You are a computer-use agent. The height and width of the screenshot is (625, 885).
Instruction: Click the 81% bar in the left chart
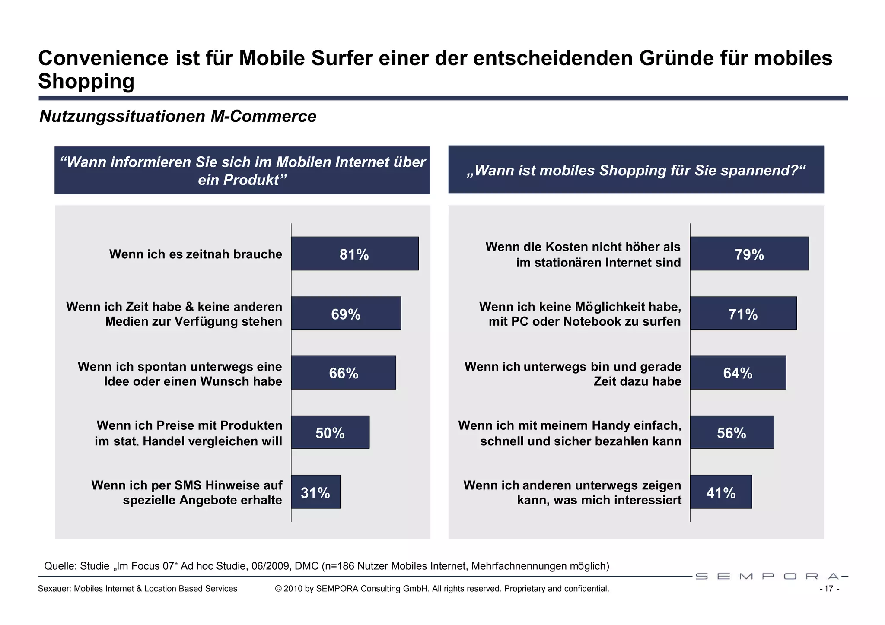pyautogui.click(x=354, y=254)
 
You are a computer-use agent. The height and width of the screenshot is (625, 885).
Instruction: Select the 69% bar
pyautogui.click(x=346, y=313)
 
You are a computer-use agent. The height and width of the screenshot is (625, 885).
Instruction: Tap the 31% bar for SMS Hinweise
pyautogui.click(x=315, y=492)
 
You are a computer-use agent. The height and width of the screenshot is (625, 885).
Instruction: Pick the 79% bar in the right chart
pyautogui.click(x=749, y=254)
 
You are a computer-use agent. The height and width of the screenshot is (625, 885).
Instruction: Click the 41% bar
pyautogui.click(x=721, y=492)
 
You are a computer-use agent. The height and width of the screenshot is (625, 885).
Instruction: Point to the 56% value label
pyautogui.click(x=731, y=433)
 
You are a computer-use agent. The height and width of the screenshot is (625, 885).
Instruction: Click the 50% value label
pyautogui.click(x=330, y=433)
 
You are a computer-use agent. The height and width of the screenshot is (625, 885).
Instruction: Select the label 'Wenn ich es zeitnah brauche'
pyautogui.click(x=195, y=254)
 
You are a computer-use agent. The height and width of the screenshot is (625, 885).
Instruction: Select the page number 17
pyautogui.click(x=828, y=589)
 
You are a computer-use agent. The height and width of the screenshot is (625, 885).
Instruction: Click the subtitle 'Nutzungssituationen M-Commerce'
pyautogui.click(x=178, y=117)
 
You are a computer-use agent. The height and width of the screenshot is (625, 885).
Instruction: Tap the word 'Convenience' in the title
pyautogui.click(x=103, y=58)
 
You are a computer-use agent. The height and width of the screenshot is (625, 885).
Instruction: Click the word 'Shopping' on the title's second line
pyautogui.click(x=86, y=81)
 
